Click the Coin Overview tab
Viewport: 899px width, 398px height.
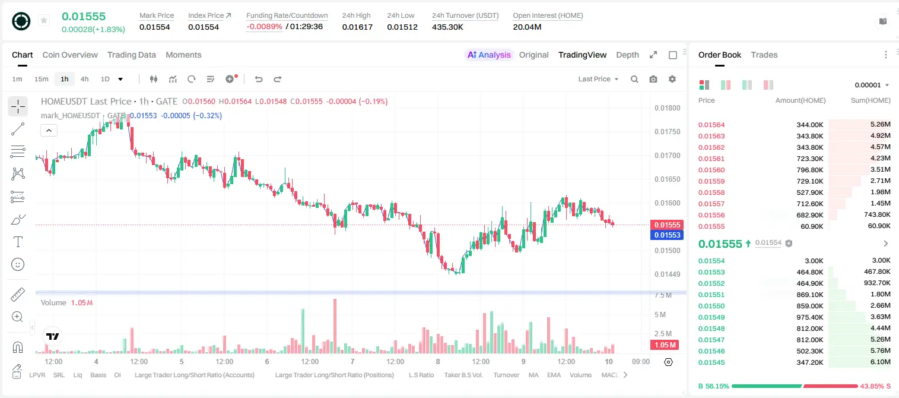[x=70, y=55]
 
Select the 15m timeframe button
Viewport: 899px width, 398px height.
[x=41, y=79]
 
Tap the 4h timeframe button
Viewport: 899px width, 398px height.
[x=84, y=79]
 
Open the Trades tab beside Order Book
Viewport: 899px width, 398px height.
[x=764, y=55]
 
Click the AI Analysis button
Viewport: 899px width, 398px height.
[x=489, y=55]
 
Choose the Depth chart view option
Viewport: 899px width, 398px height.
[x=627, y=55]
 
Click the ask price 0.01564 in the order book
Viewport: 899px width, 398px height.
[x=711, y=125]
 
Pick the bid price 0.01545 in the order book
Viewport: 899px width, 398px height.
[x=711, y=362]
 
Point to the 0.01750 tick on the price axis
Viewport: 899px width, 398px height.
[x=668, y=132]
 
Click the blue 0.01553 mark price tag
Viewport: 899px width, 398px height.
[x=667, y=235]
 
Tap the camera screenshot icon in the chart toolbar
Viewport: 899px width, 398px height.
[x=653, y=79]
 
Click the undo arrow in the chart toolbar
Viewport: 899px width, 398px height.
[x=259, y=79]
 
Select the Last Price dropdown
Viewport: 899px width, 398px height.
[x=598, y=79]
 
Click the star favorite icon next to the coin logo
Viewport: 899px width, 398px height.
[x=44, y=20]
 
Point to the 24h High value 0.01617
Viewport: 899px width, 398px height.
[x=357, y=27]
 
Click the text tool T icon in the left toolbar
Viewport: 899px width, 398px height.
[x=18, y=242]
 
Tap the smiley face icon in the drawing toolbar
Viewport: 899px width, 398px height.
[x=18, y=264]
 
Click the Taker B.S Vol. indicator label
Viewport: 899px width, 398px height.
[x=463, y=375]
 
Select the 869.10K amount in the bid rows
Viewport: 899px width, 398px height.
[x=810, y=295]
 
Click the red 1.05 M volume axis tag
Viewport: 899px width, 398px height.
[x=665, y=345]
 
